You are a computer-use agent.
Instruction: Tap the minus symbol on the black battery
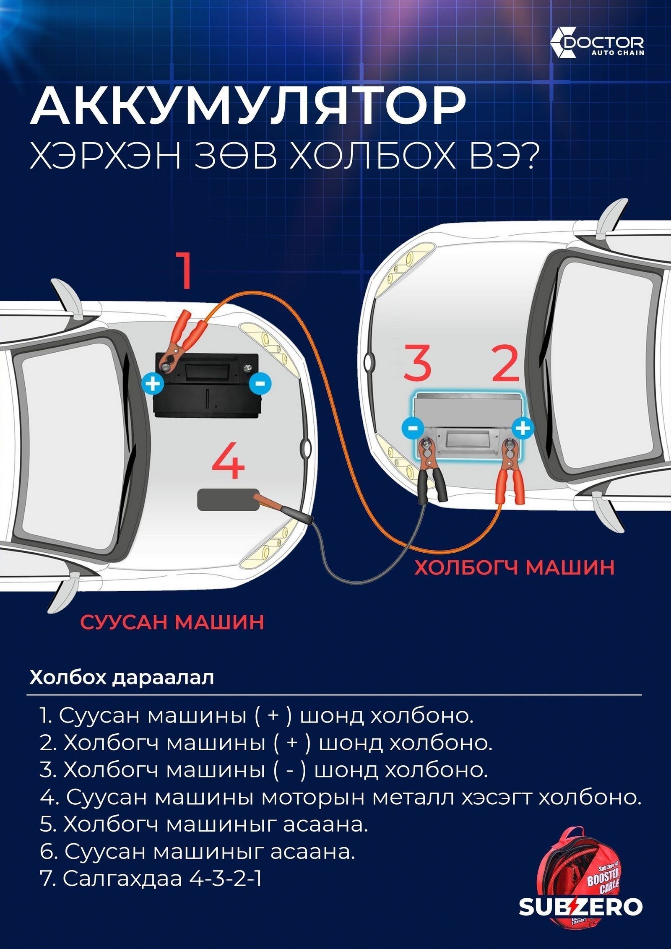point(260,383)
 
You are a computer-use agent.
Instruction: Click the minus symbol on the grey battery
point(412,428)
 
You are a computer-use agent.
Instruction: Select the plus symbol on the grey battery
point(523,428)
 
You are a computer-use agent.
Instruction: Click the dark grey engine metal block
point(228,499)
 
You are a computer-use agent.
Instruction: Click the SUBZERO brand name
point(581,919)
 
